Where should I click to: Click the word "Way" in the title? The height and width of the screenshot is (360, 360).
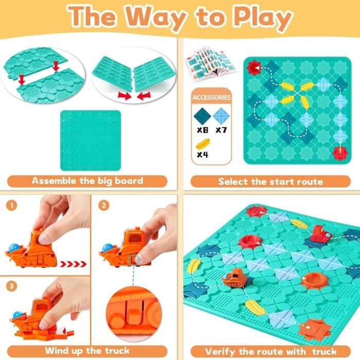(156, 17)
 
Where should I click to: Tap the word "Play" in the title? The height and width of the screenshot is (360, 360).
(262, 17)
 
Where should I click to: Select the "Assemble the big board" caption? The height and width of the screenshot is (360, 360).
(87, 181)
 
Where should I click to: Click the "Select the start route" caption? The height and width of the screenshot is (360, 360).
(271, 182)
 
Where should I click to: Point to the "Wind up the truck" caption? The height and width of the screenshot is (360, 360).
(87, 351)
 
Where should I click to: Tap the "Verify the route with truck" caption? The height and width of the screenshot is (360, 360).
(271, 351)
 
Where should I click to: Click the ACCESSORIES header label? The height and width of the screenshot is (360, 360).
(211, 97)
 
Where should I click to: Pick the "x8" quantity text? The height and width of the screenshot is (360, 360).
(202, 130)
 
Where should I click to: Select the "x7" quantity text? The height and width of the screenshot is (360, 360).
(221, 130)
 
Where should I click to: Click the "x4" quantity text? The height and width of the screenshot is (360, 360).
(202, 154)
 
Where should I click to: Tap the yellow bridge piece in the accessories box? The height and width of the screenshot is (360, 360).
(203, 144)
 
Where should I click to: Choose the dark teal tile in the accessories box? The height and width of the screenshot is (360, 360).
(202, 116)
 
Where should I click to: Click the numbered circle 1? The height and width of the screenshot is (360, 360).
(12, 205)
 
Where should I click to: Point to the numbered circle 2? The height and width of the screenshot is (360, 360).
(104, 205)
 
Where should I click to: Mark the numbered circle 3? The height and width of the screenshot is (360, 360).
(12, 286)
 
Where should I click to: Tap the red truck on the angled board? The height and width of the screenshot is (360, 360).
(320, 234)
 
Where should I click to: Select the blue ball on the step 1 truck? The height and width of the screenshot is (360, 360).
(13, 248)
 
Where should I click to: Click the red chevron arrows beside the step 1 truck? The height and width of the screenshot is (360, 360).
(73, 264)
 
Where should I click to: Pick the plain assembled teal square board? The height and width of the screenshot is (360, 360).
(91, 140)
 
